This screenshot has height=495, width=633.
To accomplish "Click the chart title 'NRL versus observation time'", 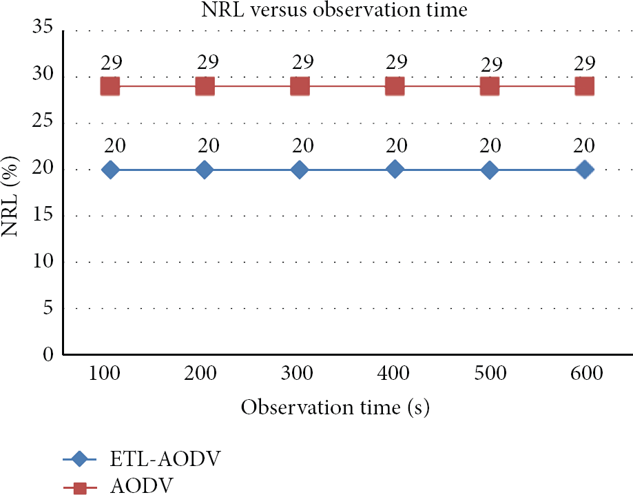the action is tap(334, 10).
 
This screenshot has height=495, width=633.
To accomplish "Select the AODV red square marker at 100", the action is tap(110, 86).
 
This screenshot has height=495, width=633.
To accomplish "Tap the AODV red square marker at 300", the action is tap(300, 86).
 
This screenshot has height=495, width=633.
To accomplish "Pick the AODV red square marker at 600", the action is tap(585, 86).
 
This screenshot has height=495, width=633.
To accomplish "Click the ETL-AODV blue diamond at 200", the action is tap(205, 170).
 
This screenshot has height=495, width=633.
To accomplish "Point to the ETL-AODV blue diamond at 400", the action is tap(395, 170).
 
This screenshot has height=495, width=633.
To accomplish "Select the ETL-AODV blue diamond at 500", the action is tap(490, 170).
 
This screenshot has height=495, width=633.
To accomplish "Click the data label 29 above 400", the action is tap(397, 62).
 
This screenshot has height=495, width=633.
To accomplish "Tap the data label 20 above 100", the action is tap(114, 145).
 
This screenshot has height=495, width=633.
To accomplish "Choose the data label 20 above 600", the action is tap(583, 145).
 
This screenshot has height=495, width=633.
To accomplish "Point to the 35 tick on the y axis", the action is tap(43, 28).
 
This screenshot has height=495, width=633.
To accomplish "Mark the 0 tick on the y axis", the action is tap(48, 354).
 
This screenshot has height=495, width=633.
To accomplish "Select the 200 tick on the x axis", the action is tap(200, 373).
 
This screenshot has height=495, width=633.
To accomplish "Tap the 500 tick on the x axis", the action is tap(490, 373).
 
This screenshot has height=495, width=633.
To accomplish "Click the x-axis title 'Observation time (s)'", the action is tap(335, 407).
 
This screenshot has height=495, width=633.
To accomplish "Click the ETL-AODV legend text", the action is tap(165, 458).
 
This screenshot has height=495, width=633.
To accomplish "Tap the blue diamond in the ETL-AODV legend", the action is tap(79, 459).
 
